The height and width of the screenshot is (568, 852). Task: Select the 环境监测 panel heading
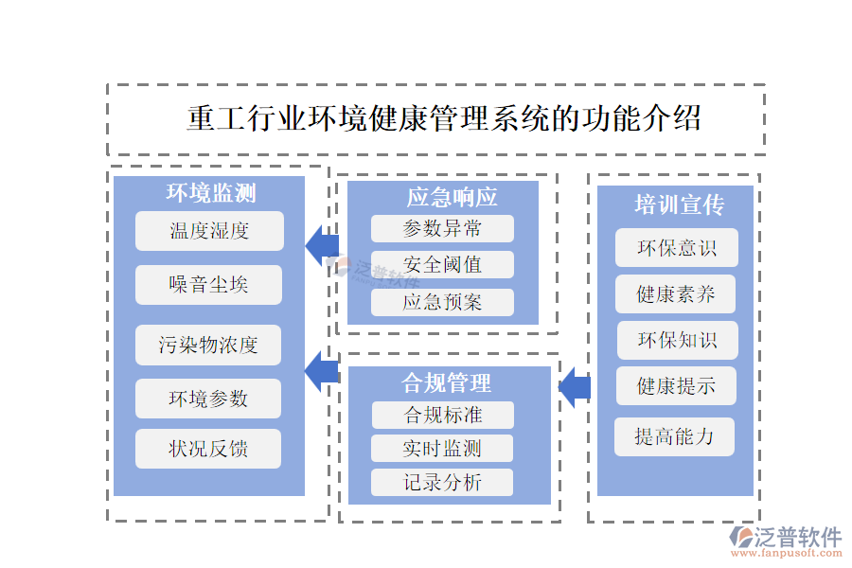[x=210, y=194]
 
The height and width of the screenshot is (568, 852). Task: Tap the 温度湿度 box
[x=209, y=231]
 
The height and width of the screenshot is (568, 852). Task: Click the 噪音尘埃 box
[x=209, y=285]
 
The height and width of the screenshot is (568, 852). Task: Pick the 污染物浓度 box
[x=209, y=345]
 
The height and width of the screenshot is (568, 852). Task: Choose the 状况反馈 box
[x=209, y=449]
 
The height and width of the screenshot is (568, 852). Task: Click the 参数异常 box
[x=442, y=228]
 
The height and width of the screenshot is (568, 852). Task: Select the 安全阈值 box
[x=442, y=265]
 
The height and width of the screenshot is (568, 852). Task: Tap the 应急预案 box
[x=442, y=303]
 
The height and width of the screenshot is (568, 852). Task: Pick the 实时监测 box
[x=442, y=448]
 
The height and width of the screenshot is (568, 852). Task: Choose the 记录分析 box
[x=442, y=483]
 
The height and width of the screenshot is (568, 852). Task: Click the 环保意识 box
[x=676, y=248]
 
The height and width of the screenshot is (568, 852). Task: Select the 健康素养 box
[x=676, y=294]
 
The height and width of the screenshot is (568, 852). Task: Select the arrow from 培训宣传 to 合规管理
[x=575, y=387]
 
